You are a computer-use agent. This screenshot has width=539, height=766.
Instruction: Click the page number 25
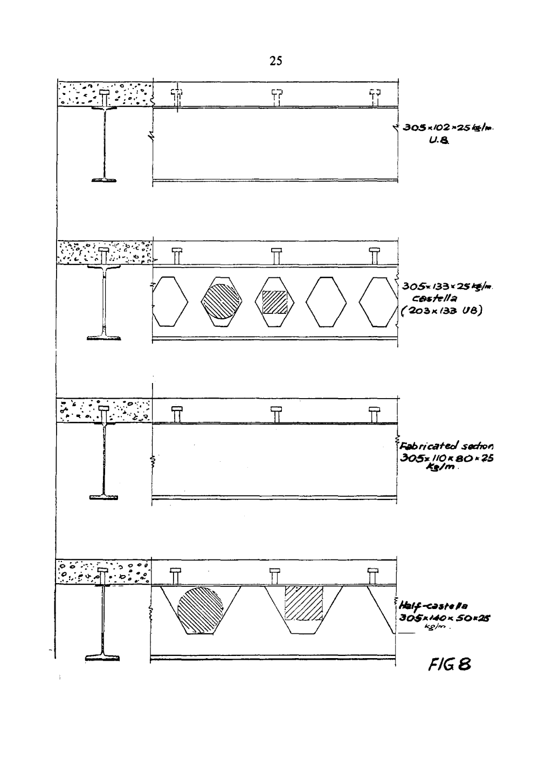coord(275,61)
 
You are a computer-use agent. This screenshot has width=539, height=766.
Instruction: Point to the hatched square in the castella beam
coord(275,302)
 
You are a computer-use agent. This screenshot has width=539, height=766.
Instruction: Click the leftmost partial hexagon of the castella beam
coord(169,302)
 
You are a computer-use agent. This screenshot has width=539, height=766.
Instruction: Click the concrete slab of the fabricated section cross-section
coord(81,410)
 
